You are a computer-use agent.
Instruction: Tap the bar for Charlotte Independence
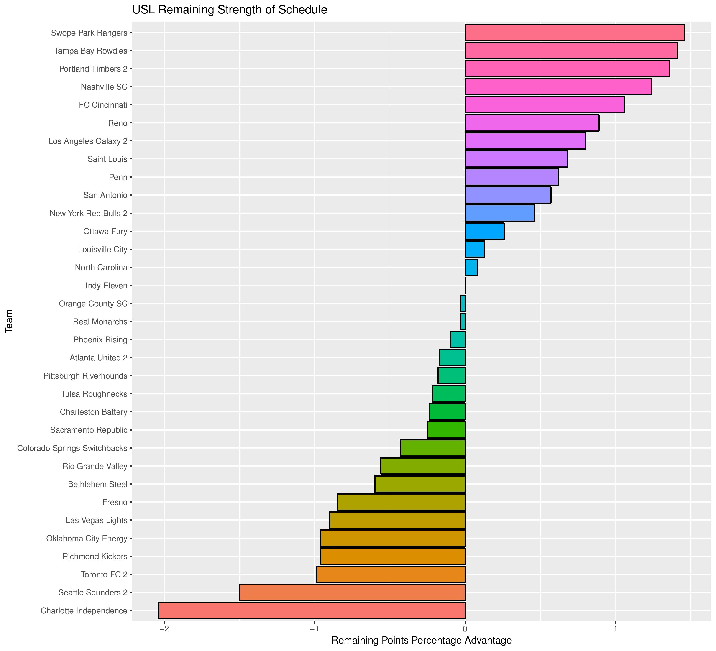click(312, 610)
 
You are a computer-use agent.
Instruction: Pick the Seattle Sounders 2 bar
click(352, 592)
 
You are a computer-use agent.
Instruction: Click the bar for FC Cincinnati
click(544, 105)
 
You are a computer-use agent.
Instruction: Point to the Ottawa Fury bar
click(484, 231)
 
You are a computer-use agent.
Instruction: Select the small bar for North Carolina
click(471, 267)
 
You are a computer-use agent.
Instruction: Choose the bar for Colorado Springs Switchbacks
click(433, 448)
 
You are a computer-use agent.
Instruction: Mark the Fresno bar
click(401, 502)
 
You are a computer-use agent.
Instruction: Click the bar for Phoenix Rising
click(457, 340)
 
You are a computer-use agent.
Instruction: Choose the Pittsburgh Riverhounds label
click(85, 376)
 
